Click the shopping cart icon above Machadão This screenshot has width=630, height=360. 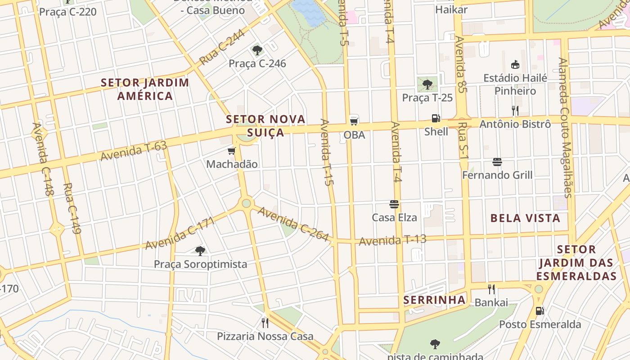(x=232, y=151)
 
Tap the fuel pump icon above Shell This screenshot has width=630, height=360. (x=436, y=118)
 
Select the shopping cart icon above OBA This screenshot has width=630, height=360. (x=354, y=121)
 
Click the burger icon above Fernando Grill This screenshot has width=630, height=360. (x=497, y=162)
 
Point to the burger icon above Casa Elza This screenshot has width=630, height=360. (x=394, y=204)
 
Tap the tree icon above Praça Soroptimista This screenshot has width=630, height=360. (x=200, y=251)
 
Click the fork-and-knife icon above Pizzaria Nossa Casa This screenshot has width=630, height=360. (x=265, y=323)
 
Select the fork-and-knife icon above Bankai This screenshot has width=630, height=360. (x=491, y=289)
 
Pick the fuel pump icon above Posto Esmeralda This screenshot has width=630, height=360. (x=540, y=310)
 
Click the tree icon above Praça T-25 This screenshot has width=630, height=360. (x=427, y=84)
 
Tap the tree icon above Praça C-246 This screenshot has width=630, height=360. (x=257, y=50)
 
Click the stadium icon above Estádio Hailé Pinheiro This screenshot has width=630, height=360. (x=515, y=65)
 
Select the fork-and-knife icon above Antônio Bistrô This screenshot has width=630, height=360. (x=515, y=110)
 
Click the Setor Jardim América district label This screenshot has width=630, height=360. (x=145, y=89)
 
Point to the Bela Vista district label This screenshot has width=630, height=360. (x=525, y=219)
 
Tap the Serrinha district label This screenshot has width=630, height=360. (x=434, y=300)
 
